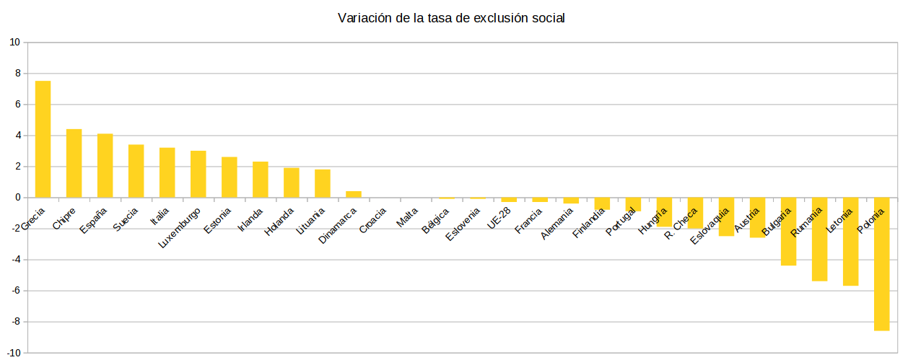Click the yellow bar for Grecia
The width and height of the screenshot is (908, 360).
coord(43,139)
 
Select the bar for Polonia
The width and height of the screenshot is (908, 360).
coord(881,264)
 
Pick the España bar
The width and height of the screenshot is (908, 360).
coord(105,165)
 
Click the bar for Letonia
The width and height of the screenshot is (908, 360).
coord(850,242)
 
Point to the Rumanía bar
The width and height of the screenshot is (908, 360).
coord(819,239)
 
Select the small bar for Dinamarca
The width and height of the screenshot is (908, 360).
coord(354,194)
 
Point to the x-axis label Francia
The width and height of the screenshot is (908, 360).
coord(528,220)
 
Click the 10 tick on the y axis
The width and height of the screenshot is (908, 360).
coord(14,43)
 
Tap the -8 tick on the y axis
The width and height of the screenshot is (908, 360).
coord(15,322)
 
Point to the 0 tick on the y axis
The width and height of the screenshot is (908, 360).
coord(17,198)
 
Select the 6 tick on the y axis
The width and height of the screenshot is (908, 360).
coord(17,105)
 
